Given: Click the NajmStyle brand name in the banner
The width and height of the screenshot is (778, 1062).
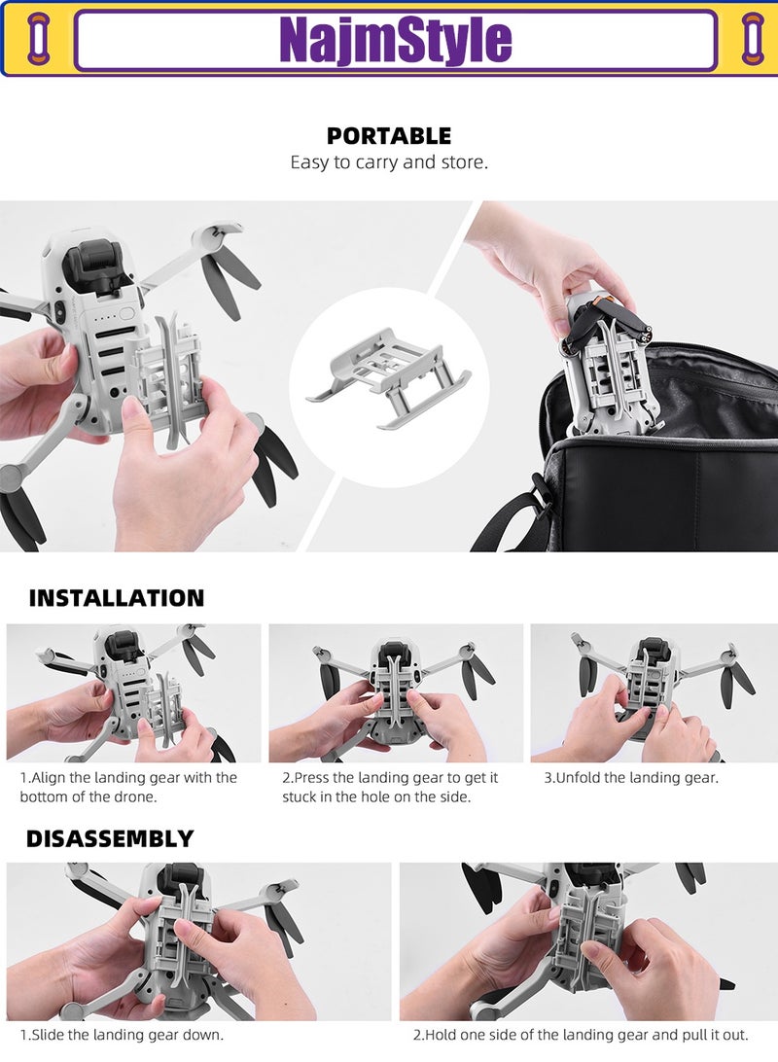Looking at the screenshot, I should point(395,40).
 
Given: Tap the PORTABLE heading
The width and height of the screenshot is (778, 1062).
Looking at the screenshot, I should point(389,136).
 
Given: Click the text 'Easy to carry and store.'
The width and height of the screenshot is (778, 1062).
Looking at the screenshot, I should point(389,162).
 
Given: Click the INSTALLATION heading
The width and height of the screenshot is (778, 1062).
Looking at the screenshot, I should point(117,598).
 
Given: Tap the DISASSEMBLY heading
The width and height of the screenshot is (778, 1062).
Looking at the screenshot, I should point(110,838).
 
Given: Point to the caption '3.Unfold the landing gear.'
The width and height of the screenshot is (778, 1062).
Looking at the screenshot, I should point(631,778).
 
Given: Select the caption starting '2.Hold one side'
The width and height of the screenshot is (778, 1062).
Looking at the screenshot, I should point(581,1035).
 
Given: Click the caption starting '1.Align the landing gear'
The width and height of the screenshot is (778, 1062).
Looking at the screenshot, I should point(128,787).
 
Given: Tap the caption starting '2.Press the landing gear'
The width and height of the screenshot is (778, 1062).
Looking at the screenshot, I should point(390,787).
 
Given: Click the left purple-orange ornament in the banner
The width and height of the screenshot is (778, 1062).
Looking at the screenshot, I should point(38,39).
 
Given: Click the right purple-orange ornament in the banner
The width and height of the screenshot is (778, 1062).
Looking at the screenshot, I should point(753,39).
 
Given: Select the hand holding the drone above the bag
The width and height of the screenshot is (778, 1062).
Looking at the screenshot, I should point(545,258).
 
